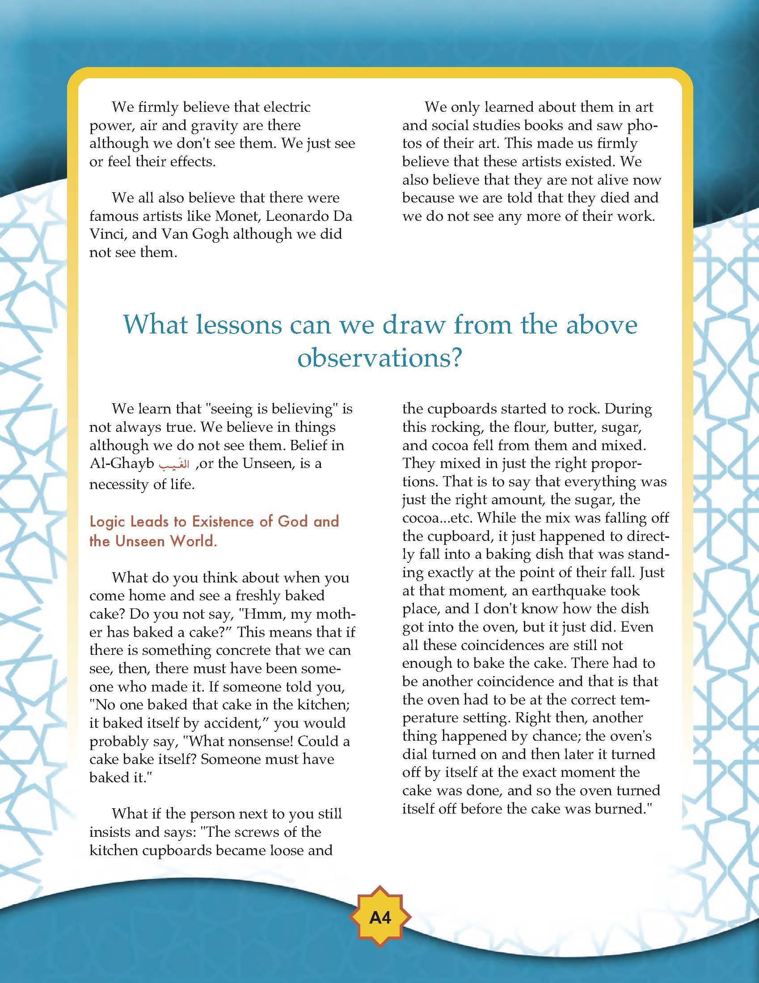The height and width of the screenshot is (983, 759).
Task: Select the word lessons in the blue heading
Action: [x=211, y=325]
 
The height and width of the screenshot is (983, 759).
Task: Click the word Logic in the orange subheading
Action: [x=109, y=522]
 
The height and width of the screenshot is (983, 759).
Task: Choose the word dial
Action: [x=415, y=755]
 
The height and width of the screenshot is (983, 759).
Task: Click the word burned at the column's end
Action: [x=622, y=809]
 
